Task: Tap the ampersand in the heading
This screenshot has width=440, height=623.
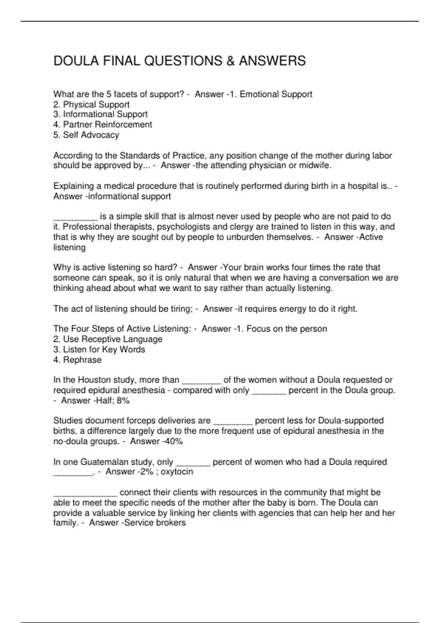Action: coord(231,61)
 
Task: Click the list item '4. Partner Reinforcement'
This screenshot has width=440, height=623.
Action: coord(103,125)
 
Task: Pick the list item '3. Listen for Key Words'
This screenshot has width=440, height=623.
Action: coord(99,349)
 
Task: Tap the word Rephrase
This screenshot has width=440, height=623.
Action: coord(82,360)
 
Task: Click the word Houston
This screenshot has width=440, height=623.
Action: coord(95,380)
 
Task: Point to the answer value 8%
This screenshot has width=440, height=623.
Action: coord(123,400)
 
